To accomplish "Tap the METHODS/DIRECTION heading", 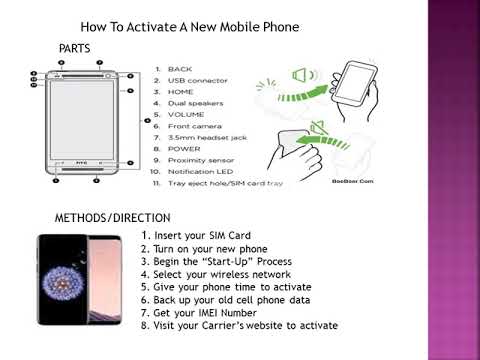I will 112,217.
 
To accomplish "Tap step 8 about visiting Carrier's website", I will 239,325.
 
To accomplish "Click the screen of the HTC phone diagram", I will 83,119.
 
